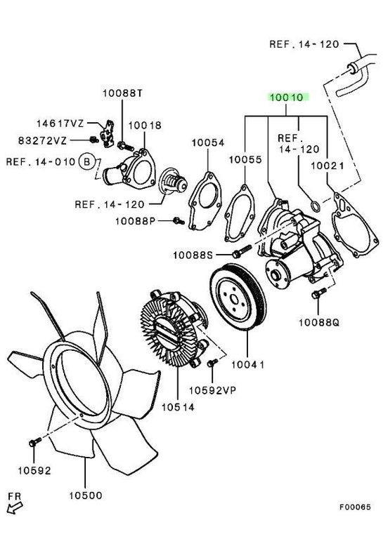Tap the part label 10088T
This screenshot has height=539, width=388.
pos(122,93)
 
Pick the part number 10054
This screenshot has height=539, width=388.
pos(207,142)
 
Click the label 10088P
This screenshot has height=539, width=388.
pos(145,221)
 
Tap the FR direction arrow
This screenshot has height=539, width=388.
pos(13,500)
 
